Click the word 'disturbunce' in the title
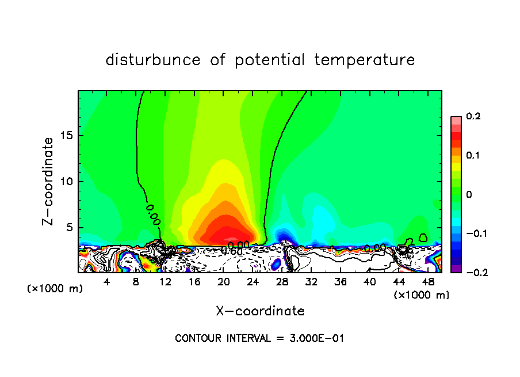point(153,60)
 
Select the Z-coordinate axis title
point(50,181)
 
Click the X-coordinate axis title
point(260,311)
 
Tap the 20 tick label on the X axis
point(224,282)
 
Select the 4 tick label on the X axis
point(107,282)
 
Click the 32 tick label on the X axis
point(311,282)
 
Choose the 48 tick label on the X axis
point(428,282)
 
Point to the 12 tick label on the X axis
point(165,282)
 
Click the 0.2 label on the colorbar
point(473,116)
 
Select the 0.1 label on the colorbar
point(473,156)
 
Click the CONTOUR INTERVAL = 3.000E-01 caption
point(259,338)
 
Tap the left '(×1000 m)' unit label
point(55,289)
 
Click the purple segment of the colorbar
point(456,269)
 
